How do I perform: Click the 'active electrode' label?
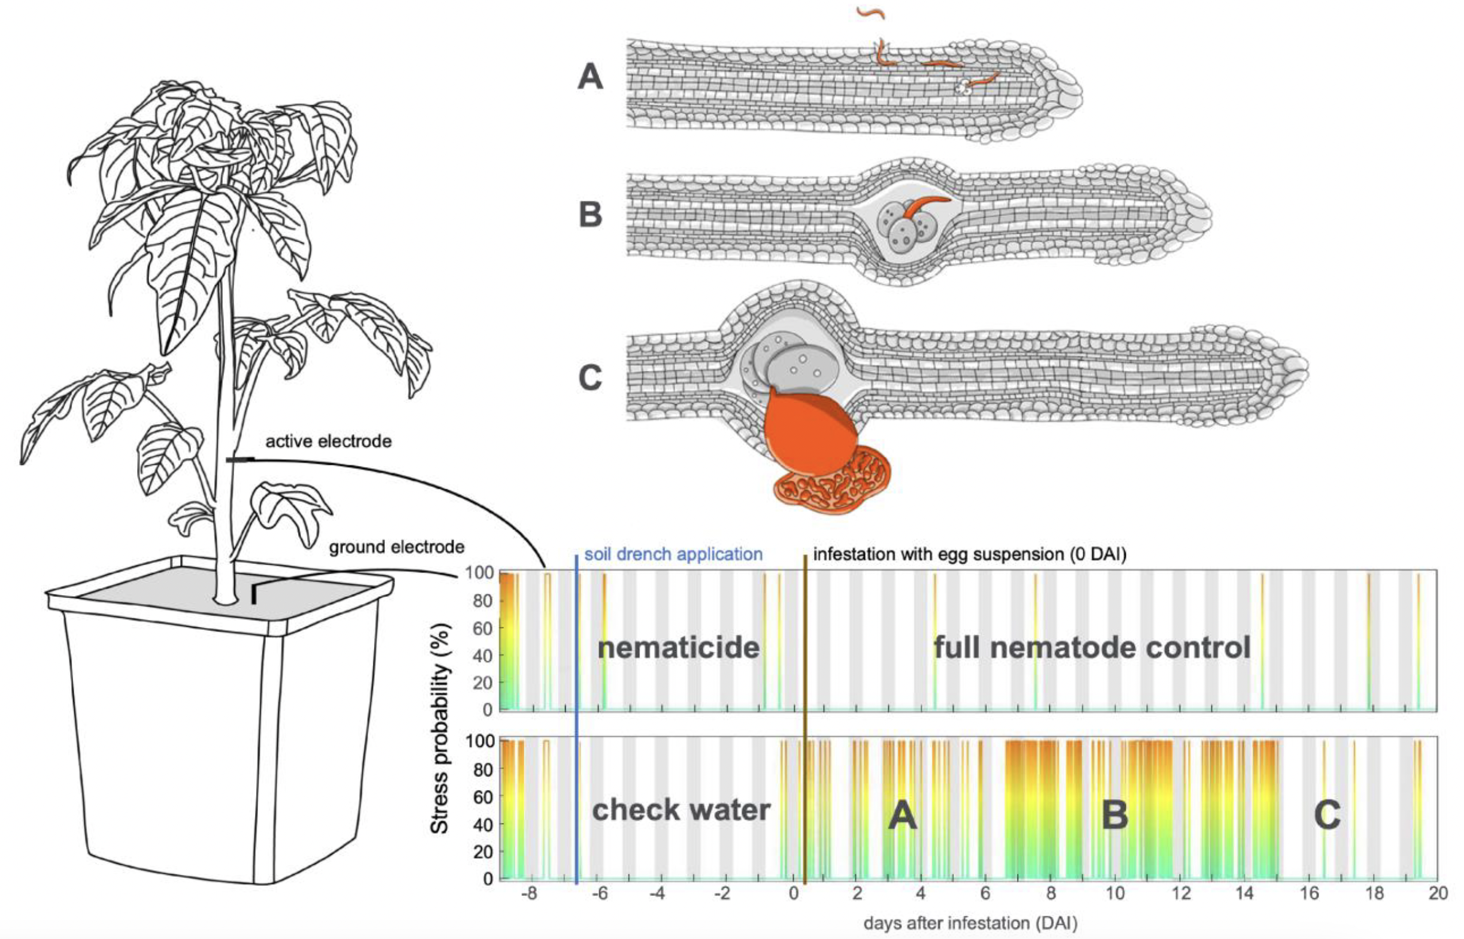point(328,441)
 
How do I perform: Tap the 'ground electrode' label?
point(396,547)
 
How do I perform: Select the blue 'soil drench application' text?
point(673,554)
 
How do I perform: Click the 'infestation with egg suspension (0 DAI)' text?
point(969,554)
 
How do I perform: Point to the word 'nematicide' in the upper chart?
point(678,647)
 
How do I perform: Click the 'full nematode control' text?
point(1092,647)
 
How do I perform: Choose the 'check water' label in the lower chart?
point(681,810)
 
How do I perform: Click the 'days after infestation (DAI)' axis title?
point(970,923)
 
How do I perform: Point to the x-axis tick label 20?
point(1437,894)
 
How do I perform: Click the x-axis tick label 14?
point(1244,894)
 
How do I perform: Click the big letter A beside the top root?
point(590,78)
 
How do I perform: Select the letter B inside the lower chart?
point(1114,814)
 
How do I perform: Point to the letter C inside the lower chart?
point(1327,814)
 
